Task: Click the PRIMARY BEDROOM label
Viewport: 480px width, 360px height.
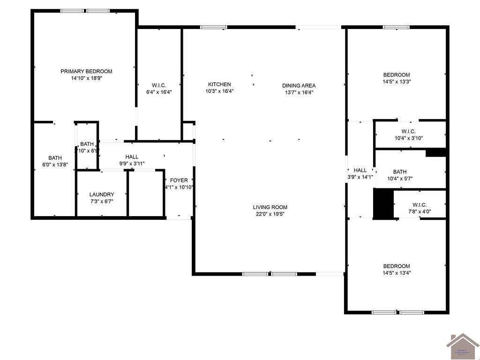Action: [86, 71]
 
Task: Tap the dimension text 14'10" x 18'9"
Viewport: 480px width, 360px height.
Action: [86, 79]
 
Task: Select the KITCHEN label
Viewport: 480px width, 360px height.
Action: [219, 84]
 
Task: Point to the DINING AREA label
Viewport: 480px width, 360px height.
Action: [299, 85]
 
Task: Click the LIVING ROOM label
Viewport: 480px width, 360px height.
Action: [270, 207]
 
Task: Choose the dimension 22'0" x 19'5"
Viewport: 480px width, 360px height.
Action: [270, 214]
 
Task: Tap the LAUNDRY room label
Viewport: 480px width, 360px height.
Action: [102, 195]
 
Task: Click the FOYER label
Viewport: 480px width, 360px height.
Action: [179, 180]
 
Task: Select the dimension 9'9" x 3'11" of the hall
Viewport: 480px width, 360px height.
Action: [132, 164]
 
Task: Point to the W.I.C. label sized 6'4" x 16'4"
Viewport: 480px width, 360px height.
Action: [159, 85]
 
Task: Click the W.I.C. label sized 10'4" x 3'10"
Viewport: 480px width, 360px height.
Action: [408, 131]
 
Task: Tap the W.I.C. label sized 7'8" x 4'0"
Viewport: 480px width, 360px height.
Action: [420, 204]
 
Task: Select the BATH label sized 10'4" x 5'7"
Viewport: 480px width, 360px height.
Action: [400, 172]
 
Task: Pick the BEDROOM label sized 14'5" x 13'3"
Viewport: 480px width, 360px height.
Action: [397, 75]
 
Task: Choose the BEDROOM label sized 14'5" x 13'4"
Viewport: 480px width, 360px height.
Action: [397, 266]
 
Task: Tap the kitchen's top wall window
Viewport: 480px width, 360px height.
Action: [214, 27]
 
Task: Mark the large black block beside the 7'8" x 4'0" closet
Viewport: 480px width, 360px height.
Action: [382, 203]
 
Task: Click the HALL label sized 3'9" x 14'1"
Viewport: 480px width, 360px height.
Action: [360, 170]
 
